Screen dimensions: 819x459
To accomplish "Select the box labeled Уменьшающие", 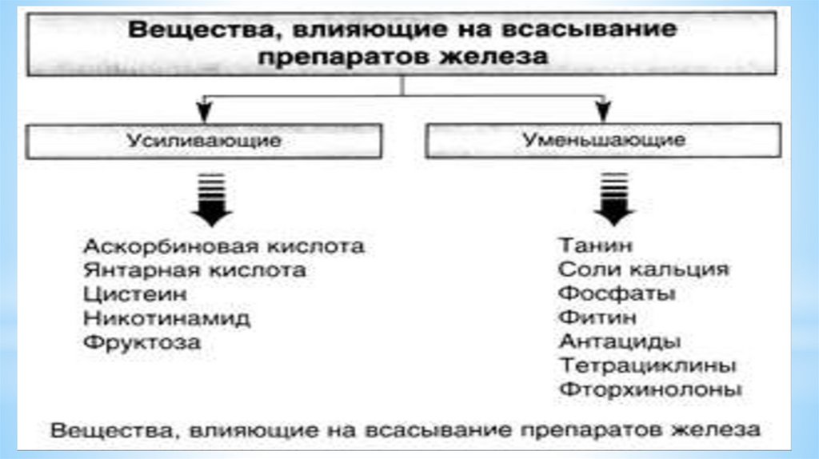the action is pos(604,142).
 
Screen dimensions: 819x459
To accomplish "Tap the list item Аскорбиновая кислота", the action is pos(223,245).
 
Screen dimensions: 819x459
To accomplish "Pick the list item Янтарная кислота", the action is pos(194,270).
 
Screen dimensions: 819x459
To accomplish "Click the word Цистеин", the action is pos(124,294).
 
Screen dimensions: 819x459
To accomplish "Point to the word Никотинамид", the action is pos(166,318).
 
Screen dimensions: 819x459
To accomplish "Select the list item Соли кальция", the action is pos(644,269).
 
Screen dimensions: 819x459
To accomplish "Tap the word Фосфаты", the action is pos(617,293).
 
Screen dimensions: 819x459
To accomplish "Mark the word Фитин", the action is pos(597,317).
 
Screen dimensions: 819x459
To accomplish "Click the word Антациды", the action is pos(620,341).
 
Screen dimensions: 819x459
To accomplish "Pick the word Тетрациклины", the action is pos(647,366).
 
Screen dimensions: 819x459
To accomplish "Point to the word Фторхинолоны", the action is pos(650,390).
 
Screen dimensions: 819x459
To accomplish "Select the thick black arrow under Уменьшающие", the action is pos(613,199).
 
